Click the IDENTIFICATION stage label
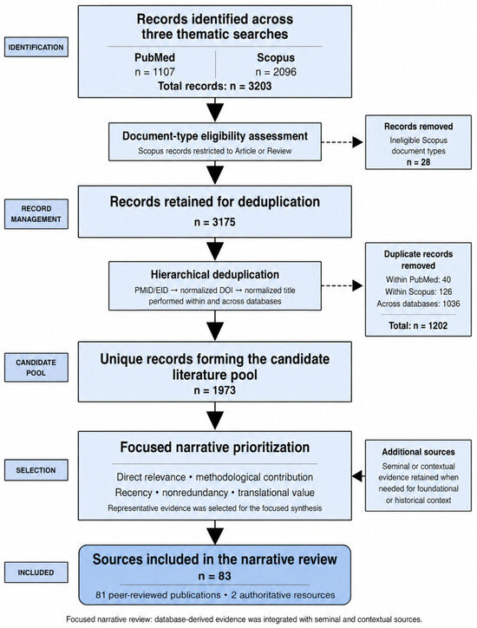[x=36, y=47]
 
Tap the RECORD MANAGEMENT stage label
[x=36, y=214]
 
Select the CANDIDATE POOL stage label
[x=36, y=367]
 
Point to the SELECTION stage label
[x=36, y=470]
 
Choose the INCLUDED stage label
[x=36, y=572]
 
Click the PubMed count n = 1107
[x=155, y=72]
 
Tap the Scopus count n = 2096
[x=276, y=72]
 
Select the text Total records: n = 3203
[x=215, y=86]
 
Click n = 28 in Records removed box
[x=418, y=162]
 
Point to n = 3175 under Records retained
[x=215, y=222]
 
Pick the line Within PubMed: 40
[x=418, y=279]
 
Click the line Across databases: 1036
[x=418, y=304]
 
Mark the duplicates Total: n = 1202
[x=418, y=325]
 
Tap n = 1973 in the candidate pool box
[x=215, y=390]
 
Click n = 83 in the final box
[x=215, y=576]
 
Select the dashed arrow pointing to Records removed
[x=342, y=141]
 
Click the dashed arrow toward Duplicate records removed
[x=342, y=285]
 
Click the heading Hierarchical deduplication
[x=215, y=275]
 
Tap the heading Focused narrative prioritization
[x=215, y=447]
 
